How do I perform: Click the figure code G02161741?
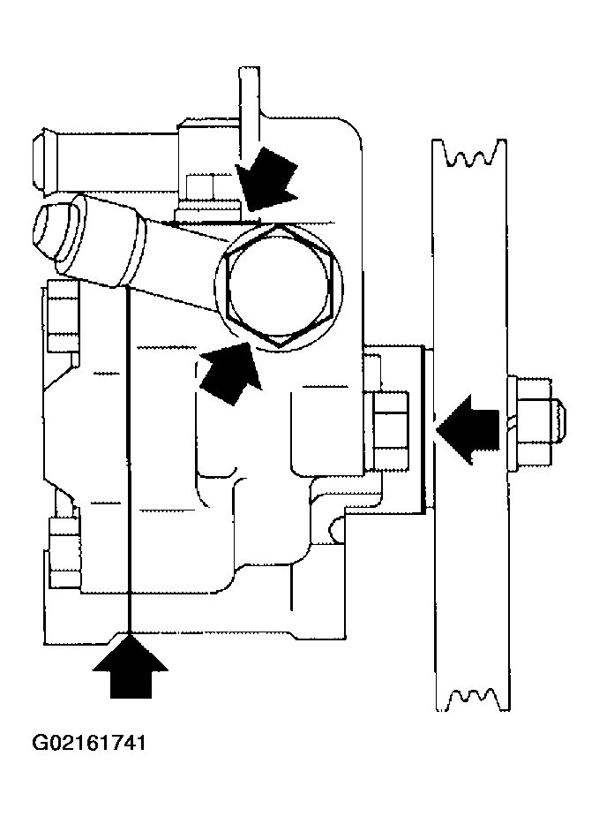(x=89, y=743)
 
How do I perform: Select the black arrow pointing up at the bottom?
(x=130, y=665)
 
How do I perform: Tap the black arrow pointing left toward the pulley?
(x=468, y=429)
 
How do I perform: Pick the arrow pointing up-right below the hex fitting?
(x=230, y=372)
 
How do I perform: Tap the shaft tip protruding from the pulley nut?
(x=559, y=421)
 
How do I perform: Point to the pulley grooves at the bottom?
(x=472, y=699)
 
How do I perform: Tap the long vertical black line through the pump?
(x=128, y=458)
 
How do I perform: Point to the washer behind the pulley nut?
(x=512, y=421)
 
